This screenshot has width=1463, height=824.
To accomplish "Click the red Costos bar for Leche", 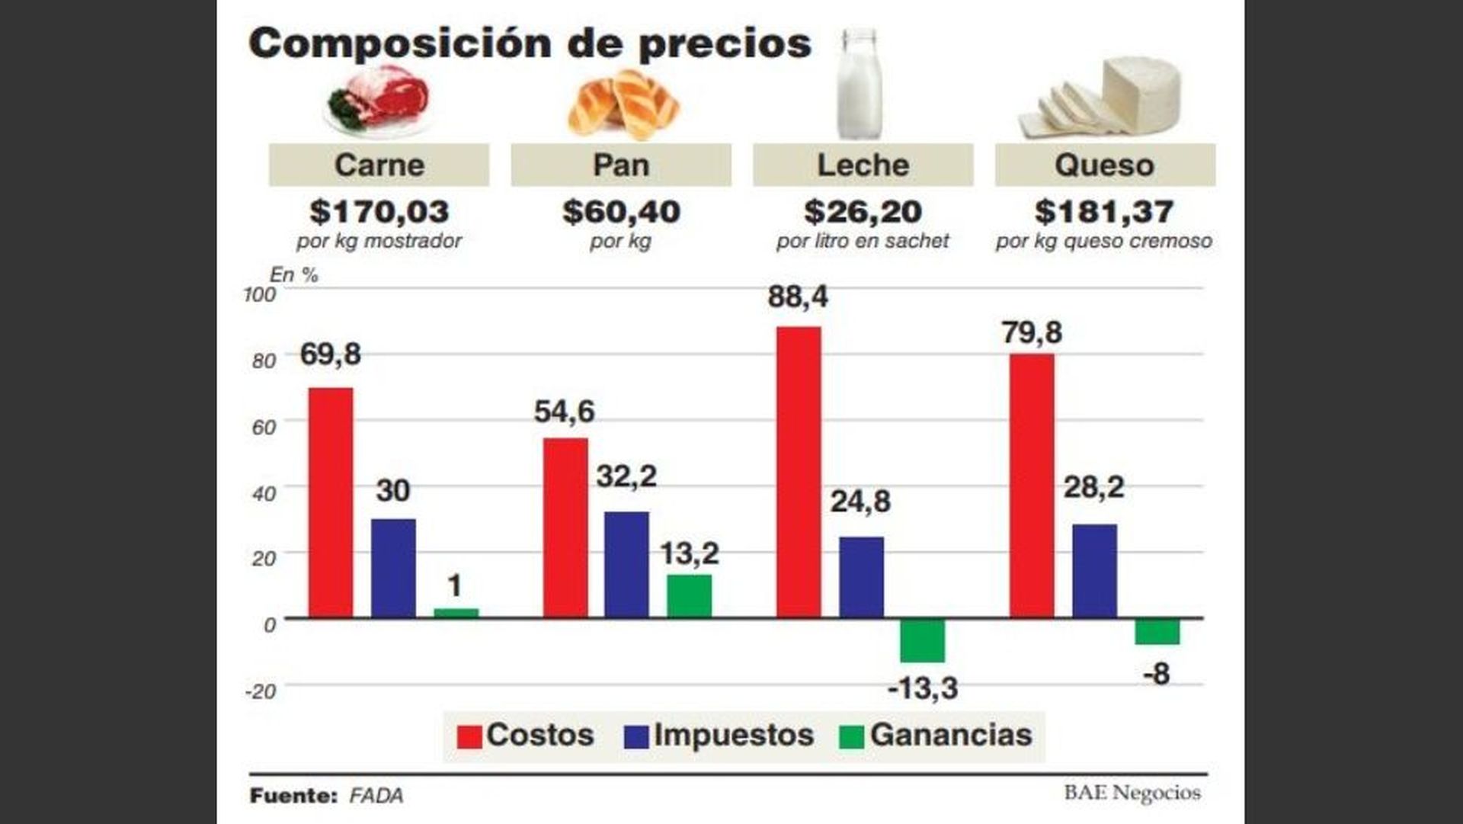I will click(799, 472).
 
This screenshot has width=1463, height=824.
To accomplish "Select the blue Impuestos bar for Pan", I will click(626, 564).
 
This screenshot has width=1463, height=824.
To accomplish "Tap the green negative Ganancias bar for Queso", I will click(1157, 632).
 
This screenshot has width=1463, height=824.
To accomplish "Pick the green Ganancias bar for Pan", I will click(689, 595).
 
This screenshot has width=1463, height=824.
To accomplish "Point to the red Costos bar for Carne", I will click(330, 502).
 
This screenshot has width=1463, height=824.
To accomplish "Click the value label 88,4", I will click(797, 297).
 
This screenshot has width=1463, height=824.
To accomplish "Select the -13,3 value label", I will click(923, 688).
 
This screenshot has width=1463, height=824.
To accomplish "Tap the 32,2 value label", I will click(626, 476).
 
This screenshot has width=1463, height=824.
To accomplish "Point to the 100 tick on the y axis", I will click(259, 294).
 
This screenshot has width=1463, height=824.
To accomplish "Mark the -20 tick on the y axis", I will click(260, 691).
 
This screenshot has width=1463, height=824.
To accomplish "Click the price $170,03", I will click(379, 212).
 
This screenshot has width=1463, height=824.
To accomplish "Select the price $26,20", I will click(863, 212).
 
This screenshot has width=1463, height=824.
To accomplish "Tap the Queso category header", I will click(1104, 165).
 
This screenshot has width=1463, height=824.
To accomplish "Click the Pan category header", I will click(621, 165).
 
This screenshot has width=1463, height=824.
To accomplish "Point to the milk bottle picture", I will click(860, 84).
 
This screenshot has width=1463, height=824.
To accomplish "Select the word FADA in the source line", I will click(376, 796).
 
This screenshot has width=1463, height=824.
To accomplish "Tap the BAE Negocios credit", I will click(1132, 793).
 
